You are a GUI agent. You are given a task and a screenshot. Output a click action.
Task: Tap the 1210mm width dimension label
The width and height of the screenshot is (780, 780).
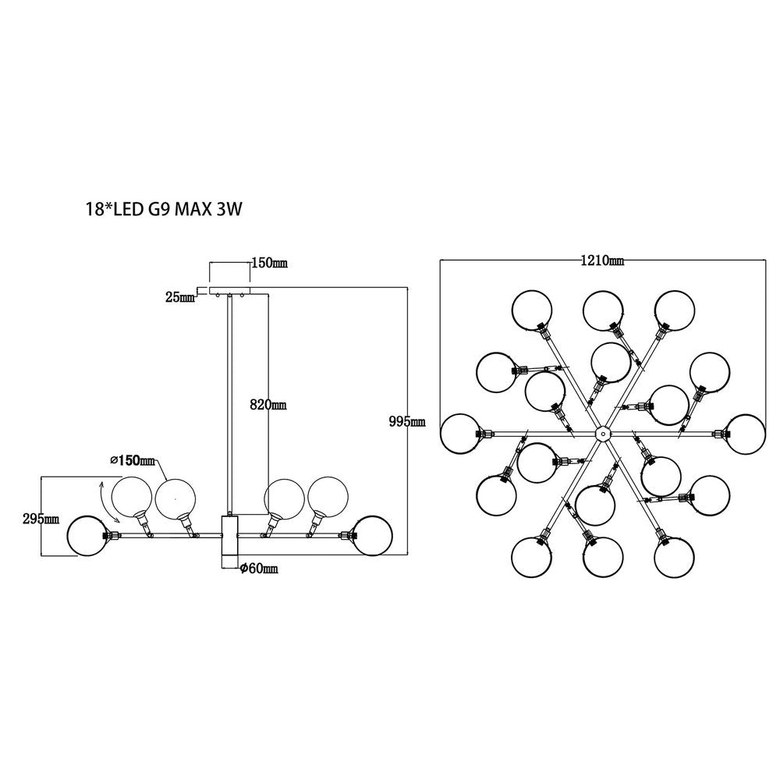click(x=601, y=261)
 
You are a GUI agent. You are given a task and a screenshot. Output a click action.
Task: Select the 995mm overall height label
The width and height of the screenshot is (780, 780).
click(x=406, y=422)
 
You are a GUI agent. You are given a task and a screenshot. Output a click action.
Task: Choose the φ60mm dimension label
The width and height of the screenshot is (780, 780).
click(x=257, y=569)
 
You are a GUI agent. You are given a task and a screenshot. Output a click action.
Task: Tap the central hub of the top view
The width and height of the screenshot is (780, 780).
click(x=601, y=433)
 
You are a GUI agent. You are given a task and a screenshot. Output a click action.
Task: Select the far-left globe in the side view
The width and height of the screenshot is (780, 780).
click(x=88, y=535)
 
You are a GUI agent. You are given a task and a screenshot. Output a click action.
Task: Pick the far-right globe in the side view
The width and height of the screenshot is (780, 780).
click(x=371, y=535)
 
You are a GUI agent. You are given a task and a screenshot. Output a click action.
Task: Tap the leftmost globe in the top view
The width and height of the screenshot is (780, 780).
click(x=460, y=434)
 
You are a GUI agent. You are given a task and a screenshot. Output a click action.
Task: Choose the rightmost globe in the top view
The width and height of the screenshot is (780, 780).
click(x=743, y=434)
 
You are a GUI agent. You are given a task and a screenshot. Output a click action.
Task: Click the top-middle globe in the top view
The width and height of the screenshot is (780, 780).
click(x=602, y=310)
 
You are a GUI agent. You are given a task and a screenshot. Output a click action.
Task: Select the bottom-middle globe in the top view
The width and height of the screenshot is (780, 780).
click(x=602, y=555)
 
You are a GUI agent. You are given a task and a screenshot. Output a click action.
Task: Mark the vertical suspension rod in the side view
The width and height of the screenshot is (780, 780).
click(x=229, y=406)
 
